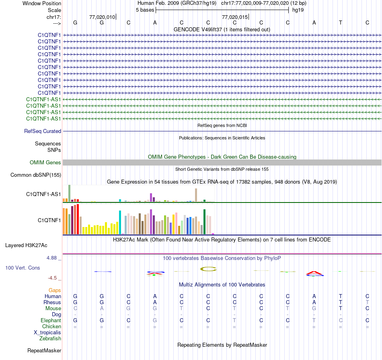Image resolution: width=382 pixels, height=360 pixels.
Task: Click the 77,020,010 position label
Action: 102,17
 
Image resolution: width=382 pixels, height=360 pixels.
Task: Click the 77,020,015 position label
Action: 235,17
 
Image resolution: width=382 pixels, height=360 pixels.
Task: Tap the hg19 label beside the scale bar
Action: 298,10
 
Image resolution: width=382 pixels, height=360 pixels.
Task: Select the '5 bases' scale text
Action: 145,10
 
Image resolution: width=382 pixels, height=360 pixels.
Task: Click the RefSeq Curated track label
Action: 43,131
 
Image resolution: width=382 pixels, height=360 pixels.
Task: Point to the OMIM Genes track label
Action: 45,162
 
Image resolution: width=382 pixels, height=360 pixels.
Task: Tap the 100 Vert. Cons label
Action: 23,267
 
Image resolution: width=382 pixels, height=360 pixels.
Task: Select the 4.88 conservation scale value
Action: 53,258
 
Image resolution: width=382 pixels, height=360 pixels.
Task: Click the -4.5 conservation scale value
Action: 54,278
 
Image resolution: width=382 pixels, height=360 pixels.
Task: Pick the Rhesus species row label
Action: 52,302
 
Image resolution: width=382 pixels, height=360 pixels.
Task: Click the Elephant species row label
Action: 51,320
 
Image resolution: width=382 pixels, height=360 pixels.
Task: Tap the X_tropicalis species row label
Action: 47,332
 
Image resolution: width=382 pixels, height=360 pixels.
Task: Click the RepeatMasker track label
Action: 44,350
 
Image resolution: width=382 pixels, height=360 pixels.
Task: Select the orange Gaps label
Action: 55,290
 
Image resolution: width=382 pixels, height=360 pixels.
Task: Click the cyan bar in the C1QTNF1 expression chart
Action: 120,222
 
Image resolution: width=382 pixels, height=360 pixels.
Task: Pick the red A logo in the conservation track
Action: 314,274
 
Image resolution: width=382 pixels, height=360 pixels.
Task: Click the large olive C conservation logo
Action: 208,268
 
